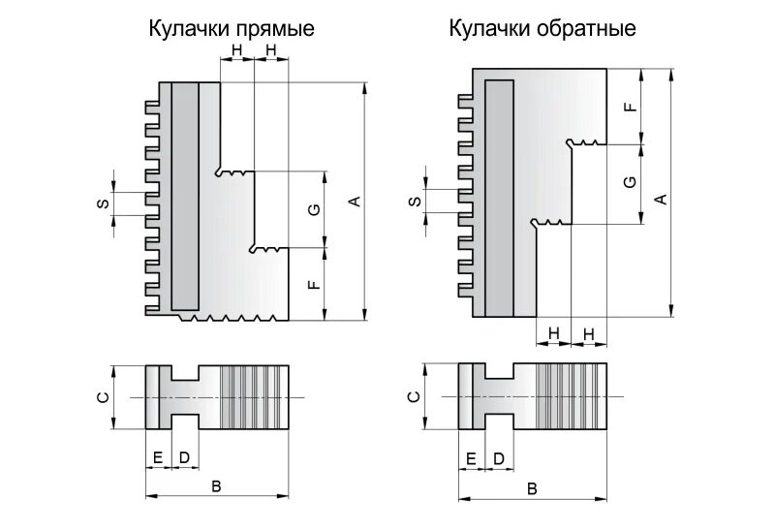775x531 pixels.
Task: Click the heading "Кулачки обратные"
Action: (x=542, y=28)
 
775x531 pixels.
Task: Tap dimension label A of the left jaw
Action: (x=355, y=201)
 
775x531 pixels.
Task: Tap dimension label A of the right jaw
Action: (x=662, y=199)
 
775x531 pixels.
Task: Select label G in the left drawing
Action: (x=313, y=209)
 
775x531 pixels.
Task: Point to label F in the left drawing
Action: (x=313, y=285)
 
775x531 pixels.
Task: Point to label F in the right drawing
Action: (x=631, y=107)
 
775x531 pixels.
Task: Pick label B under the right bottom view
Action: (x=532, y=487)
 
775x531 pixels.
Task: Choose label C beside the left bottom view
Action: (x=102, y=395)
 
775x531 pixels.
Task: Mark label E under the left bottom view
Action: (x=157, y=457)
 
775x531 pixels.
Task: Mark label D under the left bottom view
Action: (x=182, y=457)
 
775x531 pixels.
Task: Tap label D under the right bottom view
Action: (x=498, y=457)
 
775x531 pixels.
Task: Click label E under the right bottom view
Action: (x=472, y=457)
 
